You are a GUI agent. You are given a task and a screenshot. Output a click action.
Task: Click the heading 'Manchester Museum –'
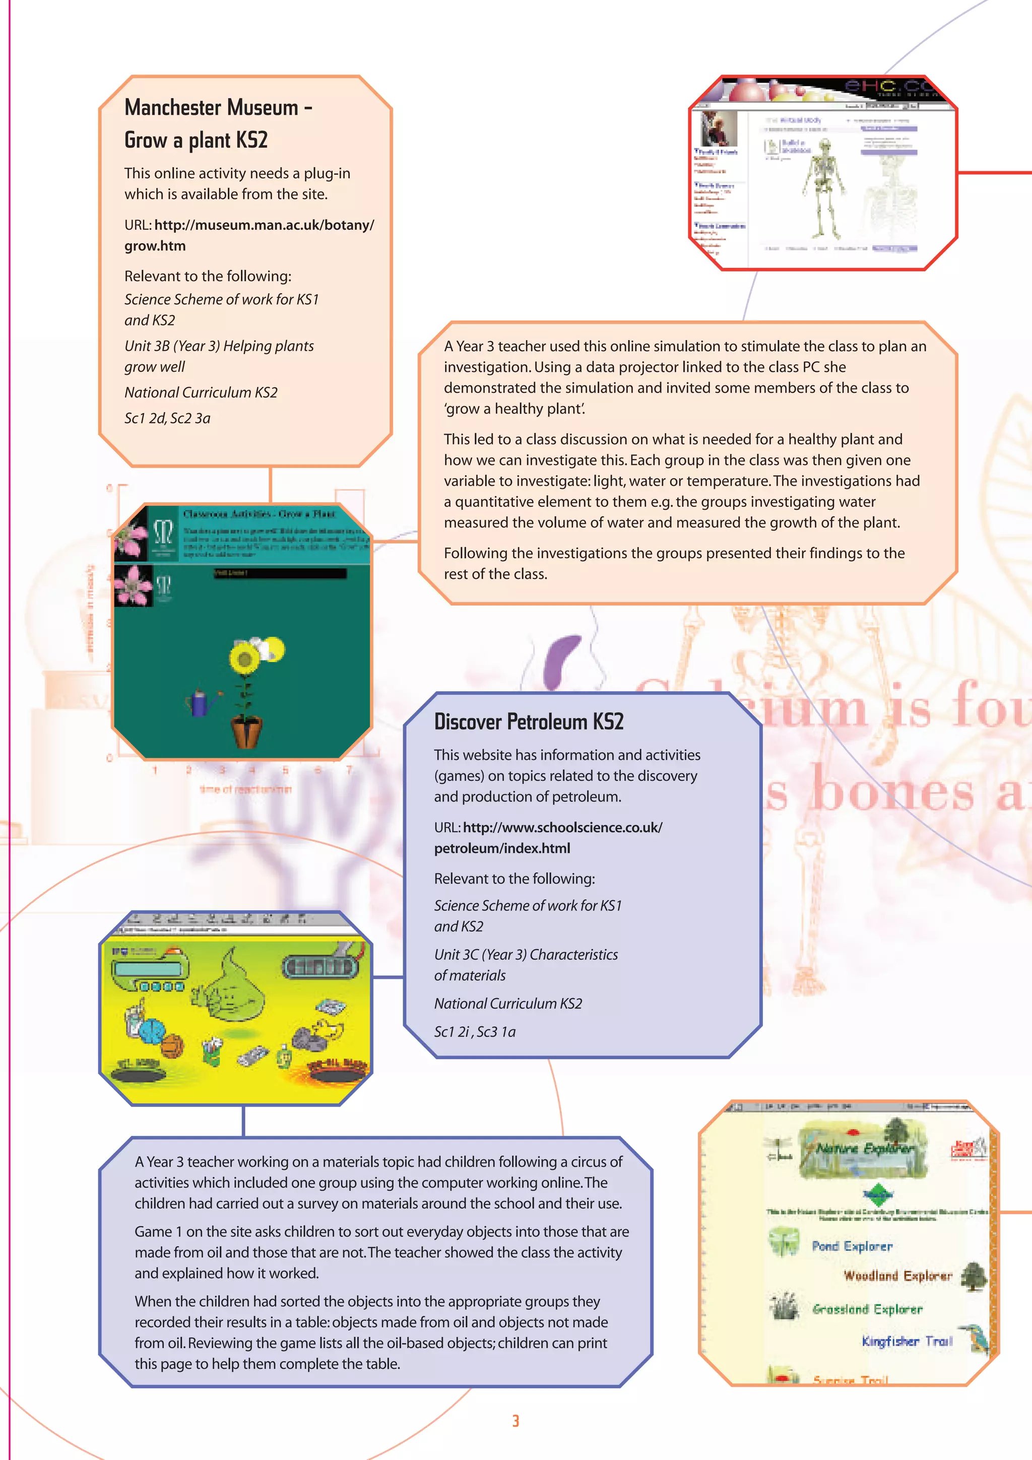point(218,107)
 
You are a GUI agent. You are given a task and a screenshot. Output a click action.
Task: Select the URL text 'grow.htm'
point(155,246)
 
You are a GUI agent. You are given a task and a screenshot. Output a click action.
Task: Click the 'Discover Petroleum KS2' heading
point(529,722)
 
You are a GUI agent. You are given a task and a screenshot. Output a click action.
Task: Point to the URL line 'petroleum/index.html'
point(502,848)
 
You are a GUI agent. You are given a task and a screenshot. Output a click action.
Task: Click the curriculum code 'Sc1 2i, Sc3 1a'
point(474,1031)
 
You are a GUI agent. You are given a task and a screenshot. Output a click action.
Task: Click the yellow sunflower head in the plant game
point(243,659)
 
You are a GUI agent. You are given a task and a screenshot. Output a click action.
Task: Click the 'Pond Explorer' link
point(852,1246)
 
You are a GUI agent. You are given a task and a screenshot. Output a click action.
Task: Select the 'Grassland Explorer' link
point(867,1309)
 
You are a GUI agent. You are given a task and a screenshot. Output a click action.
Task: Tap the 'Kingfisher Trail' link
point(907,1341)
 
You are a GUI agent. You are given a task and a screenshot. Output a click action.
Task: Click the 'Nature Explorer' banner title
point(865,1149)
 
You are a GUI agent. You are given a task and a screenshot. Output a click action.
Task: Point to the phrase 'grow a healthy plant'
point(514,409)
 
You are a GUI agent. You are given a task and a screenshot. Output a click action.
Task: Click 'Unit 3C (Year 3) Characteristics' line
point(526,955)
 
